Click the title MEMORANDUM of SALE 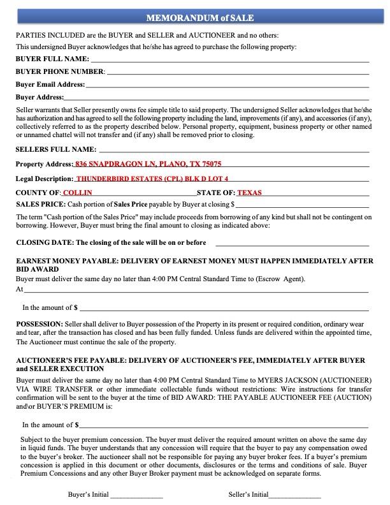pos(195,18)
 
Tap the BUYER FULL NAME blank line pos(233,60)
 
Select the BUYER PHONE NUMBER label pos(60,71)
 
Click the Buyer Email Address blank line pos(227,85)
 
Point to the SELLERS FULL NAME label pos(55,149)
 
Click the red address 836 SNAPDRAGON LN pos(148,164)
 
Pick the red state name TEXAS pos(249,193)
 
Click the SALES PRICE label pos(40,204)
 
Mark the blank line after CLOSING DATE pos(292,244)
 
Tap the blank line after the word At pos(196,290)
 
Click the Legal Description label pos(44,179)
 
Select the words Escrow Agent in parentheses pos(281,279)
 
